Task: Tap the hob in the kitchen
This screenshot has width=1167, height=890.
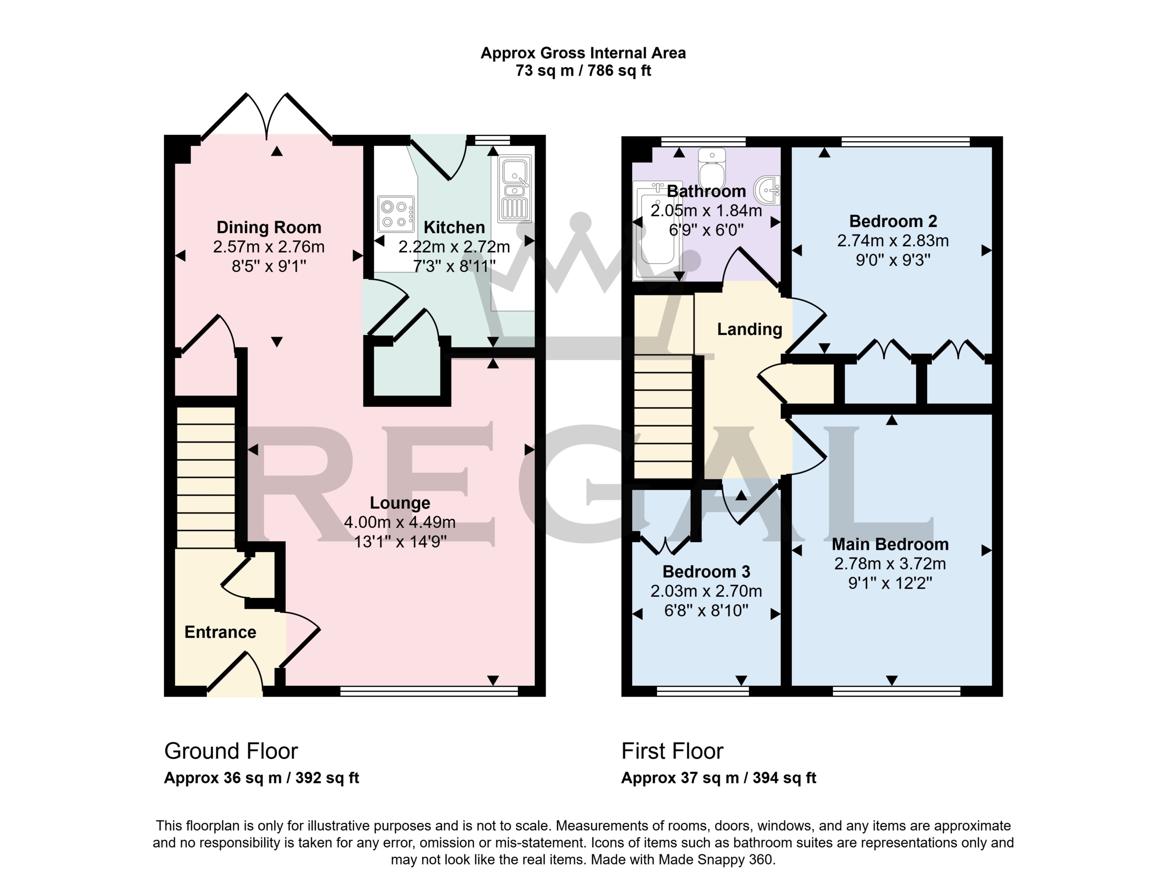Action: tap(396, 214)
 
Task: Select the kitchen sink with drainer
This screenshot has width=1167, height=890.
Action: tap(514, 189)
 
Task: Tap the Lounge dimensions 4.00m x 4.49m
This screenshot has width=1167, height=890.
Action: tap(400, 523)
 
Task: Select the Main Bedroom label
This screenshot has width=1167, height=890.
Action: tap(890, 544)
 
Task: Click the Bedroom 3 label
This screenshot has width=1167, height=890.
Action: tap(706, 572)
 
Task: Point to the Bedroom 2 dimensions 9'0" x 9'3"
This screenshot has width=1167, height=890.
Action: tap(893, 260)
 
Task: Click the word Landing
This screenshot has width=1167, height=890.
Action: tap(749, 330)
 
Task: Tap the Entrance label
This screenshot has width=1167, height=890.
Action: tap(220, 632)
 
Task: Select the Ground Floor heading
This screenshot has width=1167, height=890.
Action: tap(231, 751)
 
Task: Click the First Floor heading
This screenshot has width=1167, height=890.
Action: tap(672, 751)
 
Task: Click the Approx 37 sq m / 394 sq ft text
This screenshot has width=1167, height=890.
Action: tap(718, 778)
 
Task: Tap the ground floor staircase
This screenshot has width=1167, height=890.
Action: tap(206, 477)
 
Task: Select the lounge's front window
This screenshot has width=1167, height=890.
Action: tap(429, 691)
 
